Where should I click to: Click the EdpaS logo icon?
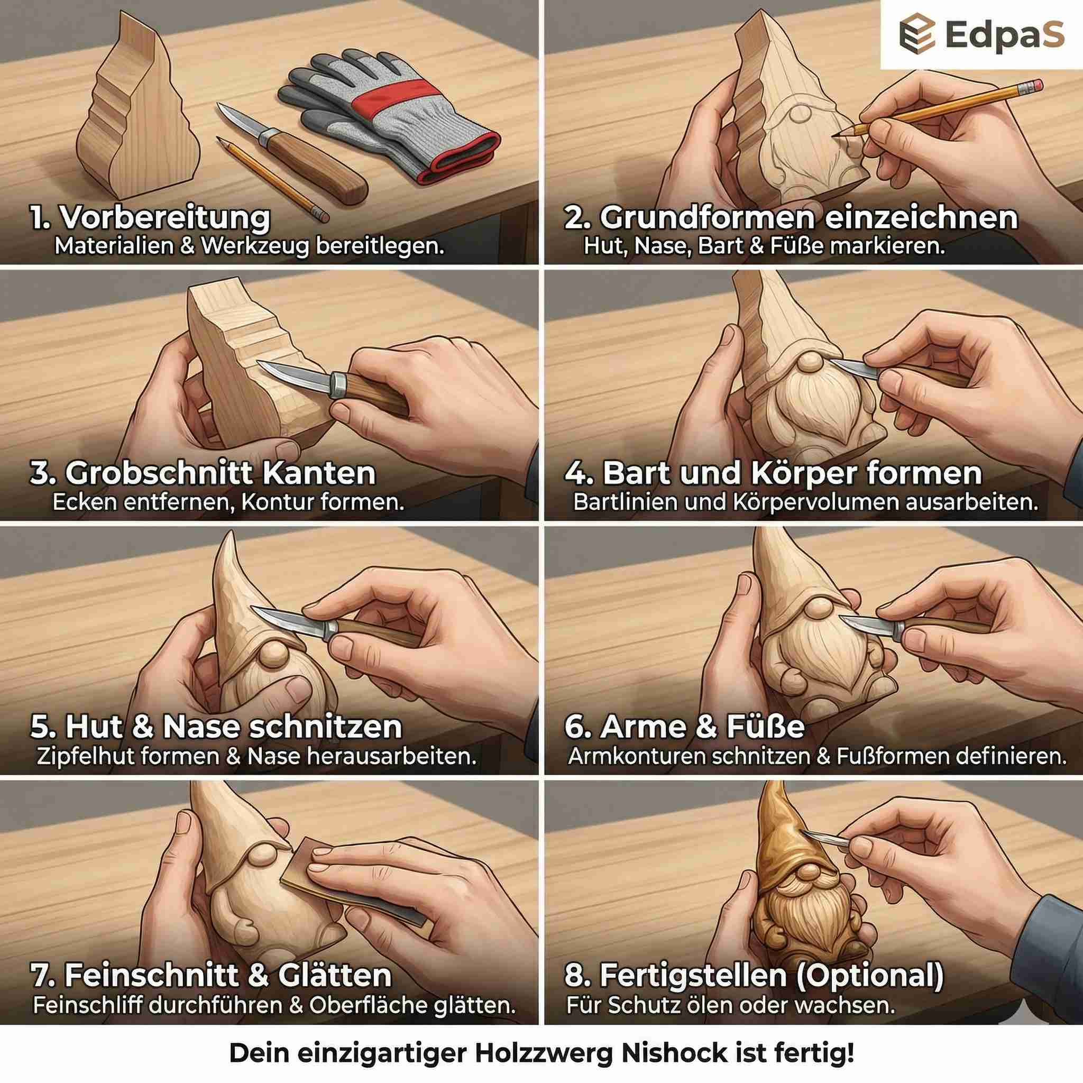coord(917,34)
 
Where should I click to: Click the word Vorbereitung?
coord(165,218)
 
